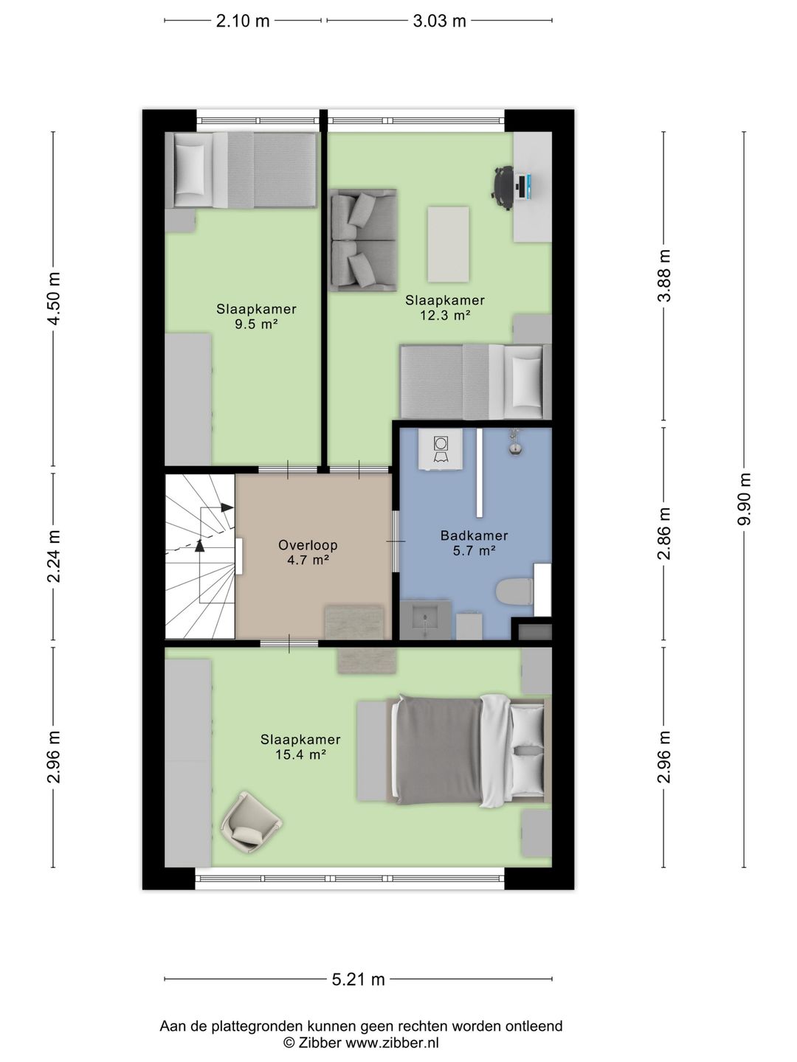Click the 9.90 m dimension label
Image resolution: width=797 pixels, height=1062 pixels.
coord(745,499)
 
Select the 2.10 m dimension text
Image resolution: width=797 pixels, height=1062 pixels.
coord(243,21)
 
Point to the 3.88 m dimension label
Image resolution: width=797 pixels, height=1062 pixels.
coord(664,276)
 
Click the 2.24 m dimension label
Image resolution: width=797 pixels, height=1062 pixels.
coord(54,556)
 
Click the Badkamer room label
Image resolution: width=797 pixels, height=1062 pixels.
coord(474,535)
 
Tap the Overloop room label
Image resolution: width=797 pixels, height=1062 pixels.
coord(308,545)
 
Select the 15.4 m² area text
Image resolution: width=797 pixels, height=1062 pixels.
coord(300,754)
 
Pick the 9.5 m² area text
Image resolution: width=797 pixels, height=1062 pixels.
coord(256,324)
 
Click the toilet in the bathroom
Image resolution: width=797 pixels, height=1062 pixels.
coord(515,591)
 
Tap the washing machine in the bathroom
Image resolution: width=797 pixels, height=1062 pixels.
coord(441,449)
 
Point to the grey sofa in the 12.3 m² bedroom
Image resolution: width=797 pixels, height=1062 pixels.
coord(364,240)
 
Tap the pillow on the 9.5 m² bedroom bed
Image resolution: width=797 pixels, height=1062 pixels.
coord(191,170)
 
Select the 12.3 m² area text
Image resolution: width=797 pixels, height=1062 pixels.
coord(445,316)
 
